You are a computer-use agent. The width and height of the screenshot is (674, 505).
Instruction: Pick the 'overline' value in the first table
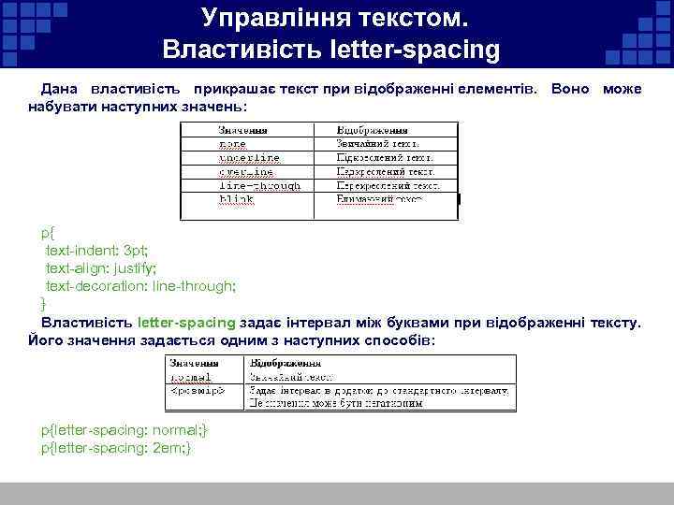(x=245, y=172)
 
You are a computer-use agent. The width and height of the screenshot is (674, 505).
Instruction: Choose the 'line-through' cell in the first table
(x=259, y=186)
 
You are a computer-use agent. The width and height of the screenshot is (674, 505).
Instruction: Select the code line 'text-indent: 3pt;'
(x=97, y=251)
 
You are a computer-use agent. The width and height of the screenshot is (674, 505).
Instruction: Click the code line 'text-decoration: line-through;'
(x=140, y=286)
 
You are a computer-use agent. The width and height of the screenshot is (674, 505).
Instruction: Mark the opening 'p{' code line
(x=48, y=233)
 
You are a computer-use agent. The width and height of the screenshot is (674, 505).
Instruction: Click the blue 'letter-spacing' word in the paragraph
(x=185, y=323)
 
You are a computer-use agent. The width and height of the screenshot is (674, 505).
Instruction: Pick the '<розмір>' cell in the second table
(x=196, y=390)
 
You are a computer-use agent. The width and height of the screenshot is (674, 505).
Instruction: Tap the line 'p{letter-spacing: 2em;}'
(x=116, y=448)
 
